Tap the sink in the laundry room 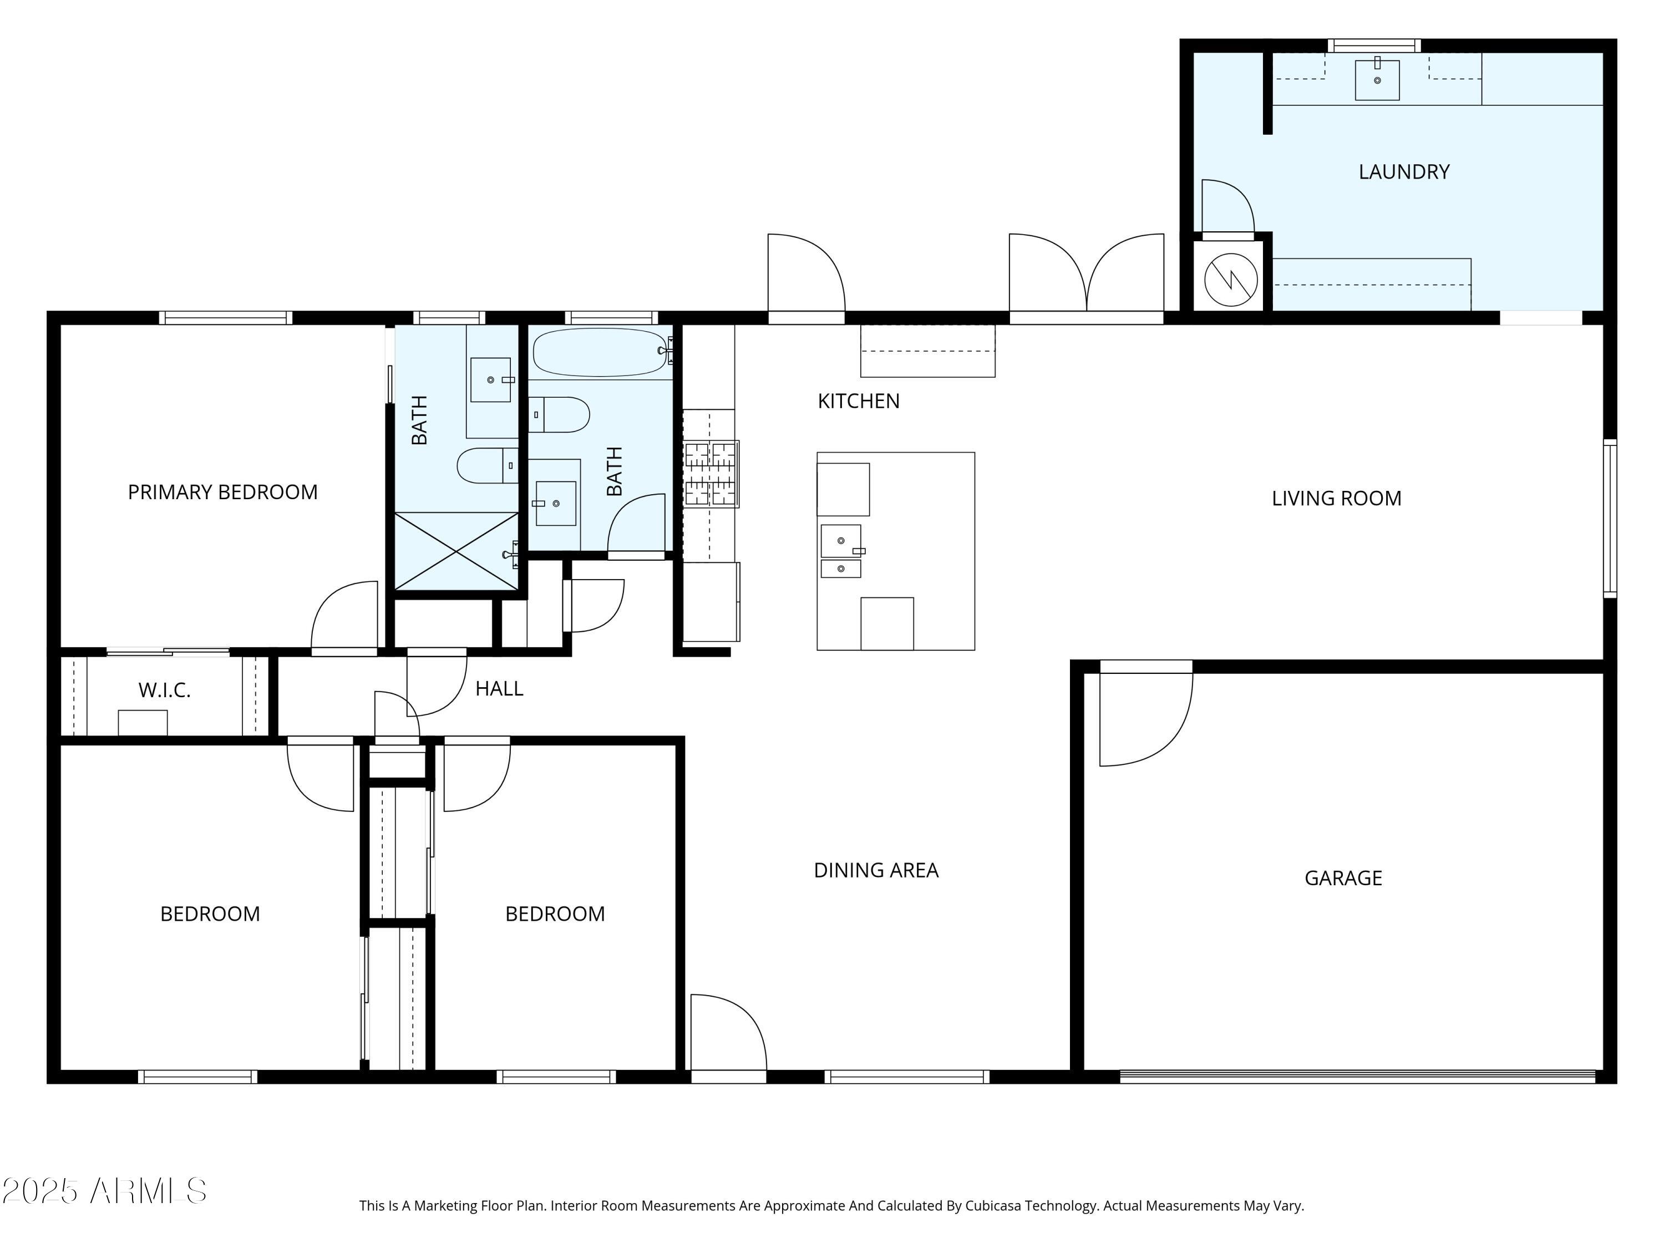[x=1377, y=80]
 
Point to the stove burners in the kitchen [x=710, y=473]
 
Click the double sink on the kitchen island [x=841, y=551]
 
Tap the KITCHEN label [x=858, y=401]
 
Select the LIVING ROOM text [x=1336, y=498]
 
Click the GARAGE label [x=1343, y=878]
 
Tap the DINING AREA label [x=876, y=870]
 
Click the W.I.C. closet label [x=164, y=691]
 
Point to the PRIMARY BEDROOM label [x=222, y=492]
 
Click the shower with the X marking [x=456, y=551]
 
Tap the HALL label [x=499, y=688]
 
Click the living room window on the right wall [x=1609, y=519]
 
